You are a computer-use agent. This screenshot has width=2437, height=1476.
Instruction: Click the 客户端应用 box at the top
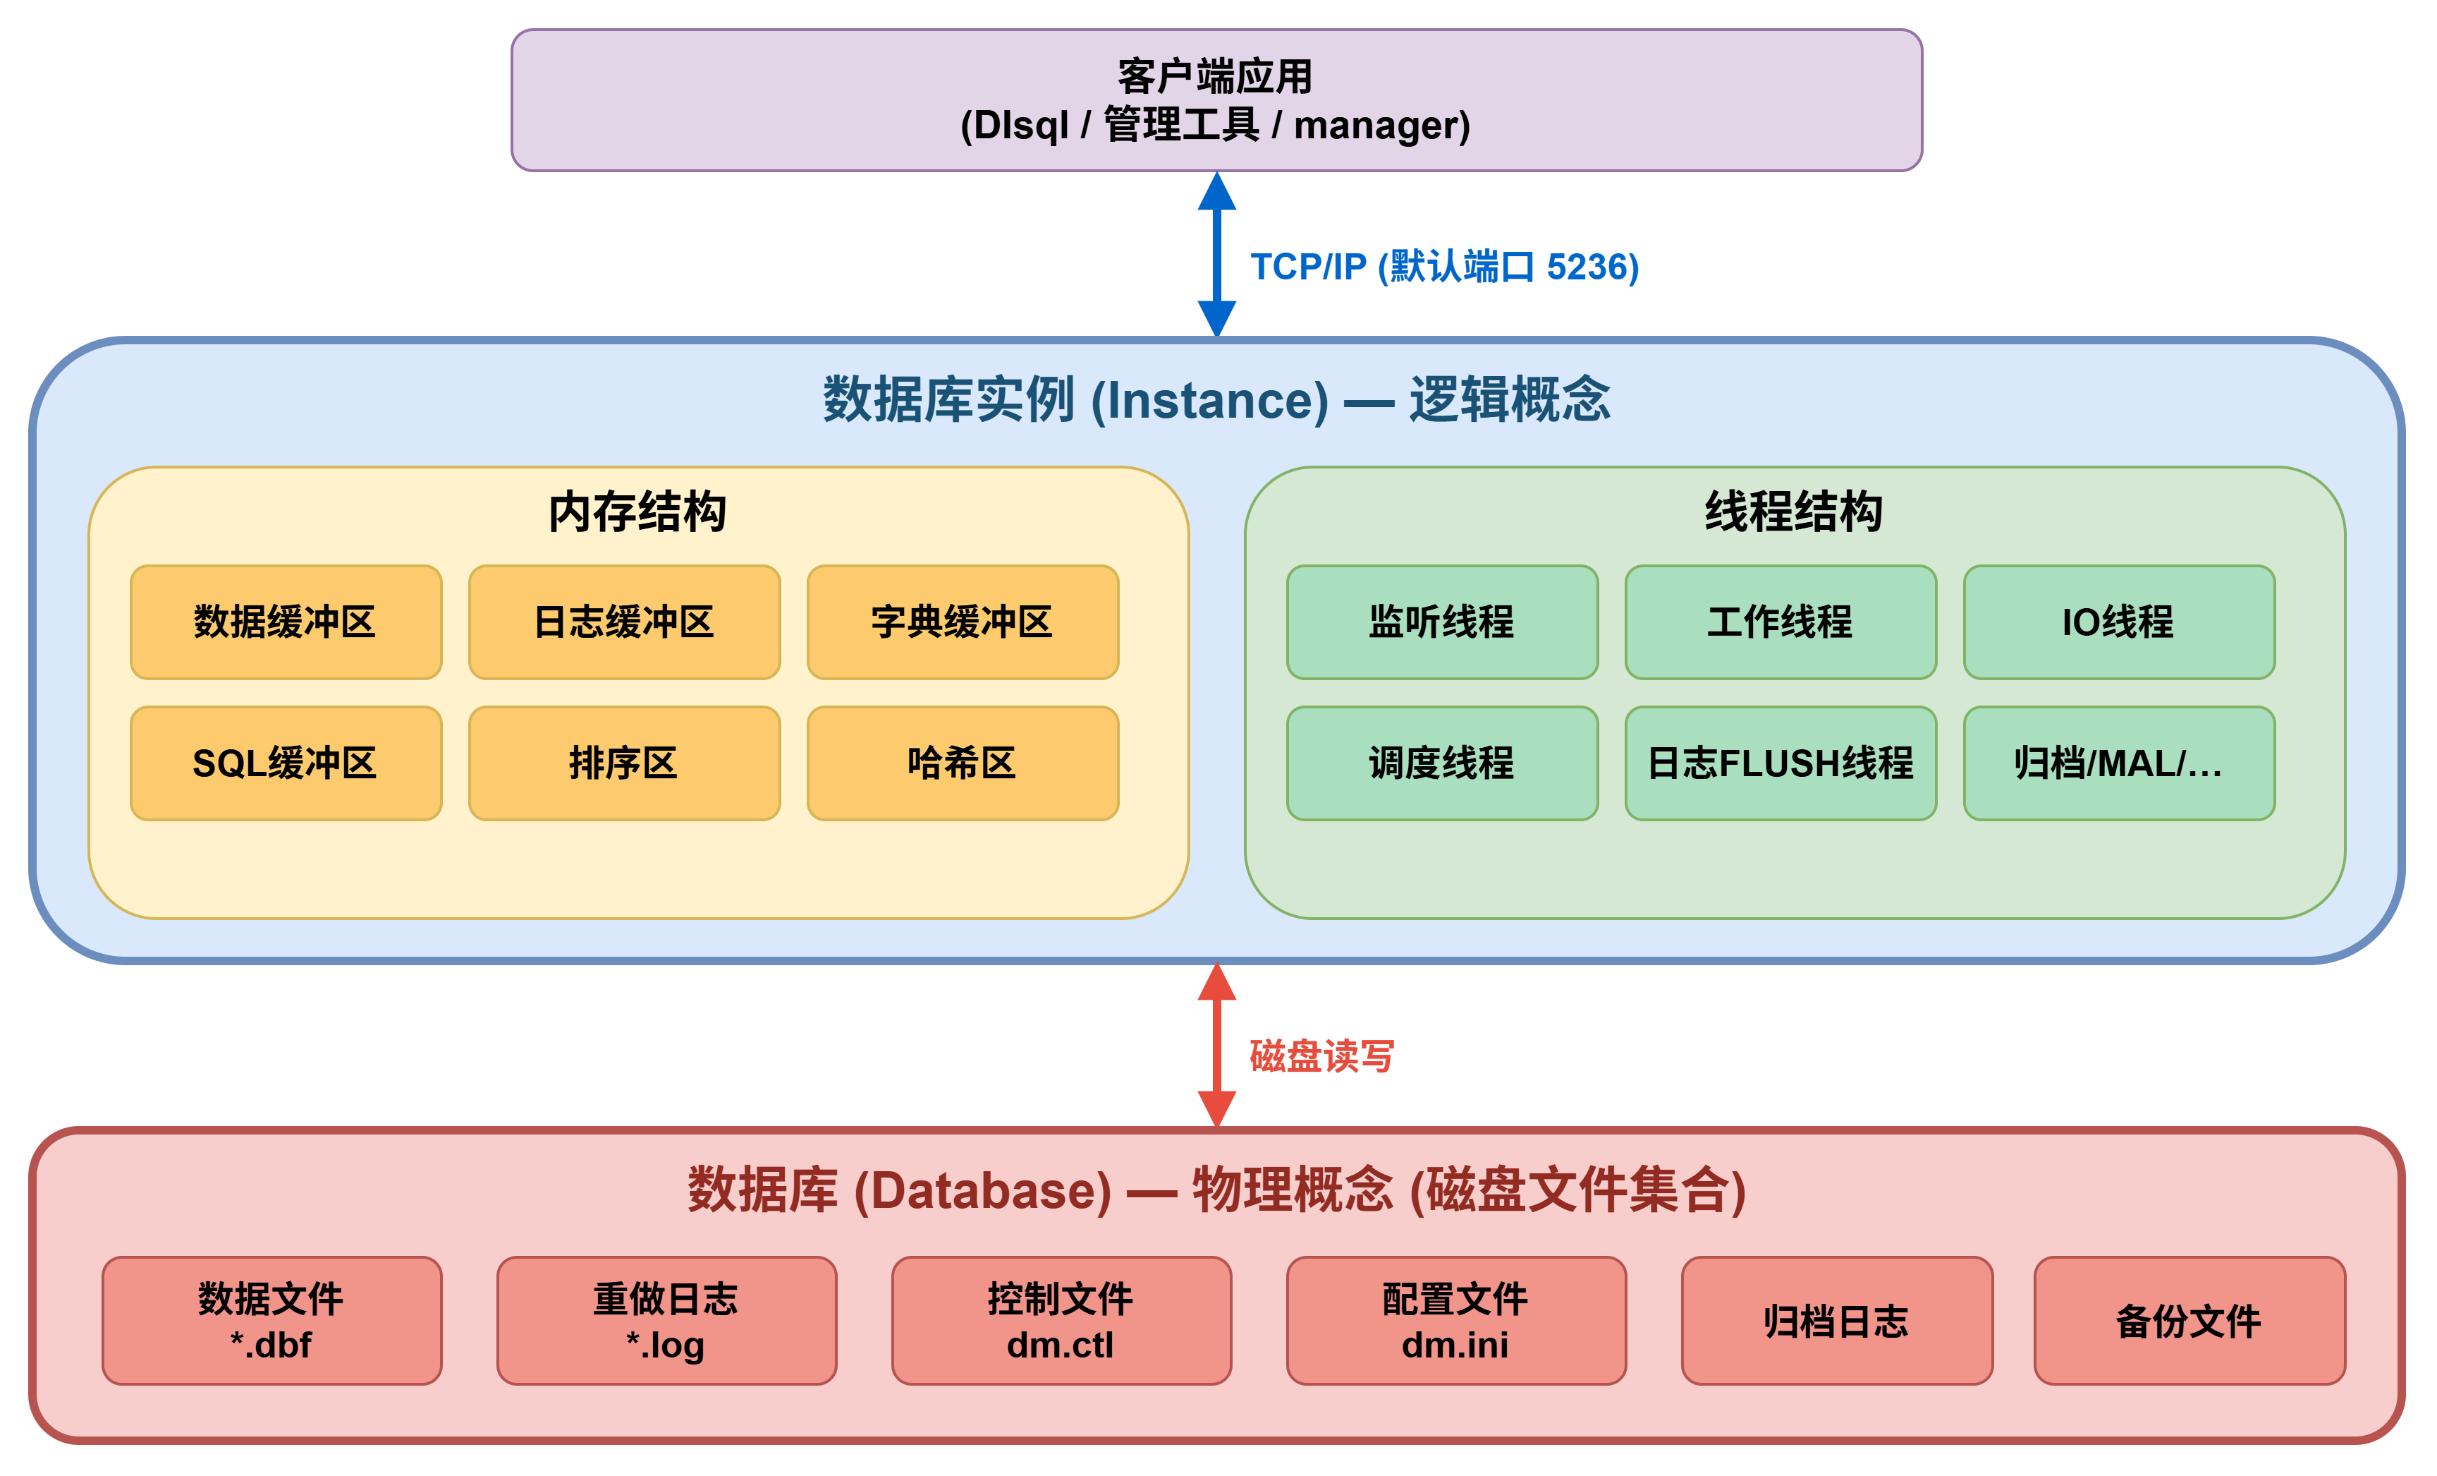point(1216,100)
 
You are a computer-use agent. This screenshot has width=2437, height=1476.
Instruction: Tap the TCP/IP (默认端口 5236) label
point(1443,267)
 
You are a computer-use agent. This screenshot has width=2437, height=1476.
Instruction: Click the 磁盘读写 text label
point(1321,1056)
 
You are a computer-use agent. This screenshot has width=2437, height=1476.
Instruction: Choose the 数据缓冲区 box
point(286,622)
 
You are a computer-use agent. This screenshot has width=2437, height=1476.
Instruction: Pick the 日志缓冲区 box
point(624,622)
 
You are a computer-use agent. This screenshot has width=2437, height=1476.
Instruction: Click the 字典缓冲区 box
point(963,622)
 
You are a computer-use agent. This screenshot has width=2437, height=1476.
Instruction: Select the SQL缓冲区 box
point(286,763)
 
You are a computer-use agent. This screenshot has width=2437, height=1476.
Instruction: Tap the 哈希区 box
point(963,763)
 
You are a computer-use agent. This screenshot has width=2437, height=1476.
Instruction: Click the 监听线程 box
point(1442,622)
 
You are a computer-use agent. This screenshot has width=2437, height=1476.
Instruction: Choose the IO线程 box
point(2118,622)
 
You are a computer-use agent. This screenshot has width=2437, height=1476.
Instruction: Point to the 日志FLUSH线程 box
point(1781,763)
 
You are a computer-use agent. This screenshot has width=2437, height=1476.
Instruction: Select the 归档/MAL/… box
point(2118,763)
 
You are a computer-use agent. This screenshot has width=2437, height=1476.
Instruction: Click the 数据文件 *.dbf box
point(272,1321)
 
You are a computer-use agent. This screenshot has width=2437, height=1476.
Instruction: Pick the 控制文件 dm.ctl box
point(1061,1321)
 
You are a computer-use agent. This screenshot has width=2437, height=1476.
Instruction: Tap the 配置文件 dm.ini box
point(1456,1321)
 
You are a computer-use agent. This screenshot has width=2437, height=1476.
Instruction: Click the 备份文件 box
point(2189,1321)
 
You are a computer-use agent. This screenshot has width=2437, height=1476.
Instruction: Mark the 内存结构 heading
point(638,512)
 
